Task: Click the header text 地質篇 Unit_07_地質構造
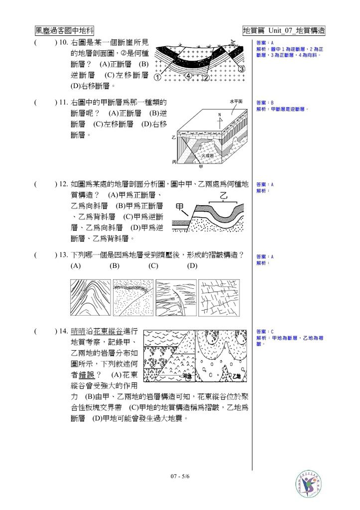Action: (x=284, y=30)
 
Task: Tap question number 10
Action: (x=63, y=43)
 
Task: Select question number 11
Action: (x=63, y=103)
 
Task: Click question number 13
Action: (x=63, y=255)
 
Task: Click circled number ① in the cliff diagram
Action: (x=157, y=78)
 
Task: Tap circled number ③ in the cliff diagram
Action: (x=241, y=69)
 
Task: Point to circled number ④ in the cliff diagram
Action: (x=189, y=76)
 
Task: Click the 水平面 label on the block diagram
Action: (x=236, y=101)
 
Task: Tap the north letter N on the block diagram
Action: (x=220, y=116)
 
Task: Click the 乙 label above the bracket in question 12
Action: (x=224, y=196)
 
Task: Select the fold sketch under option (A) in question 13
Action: (x=90, y=297)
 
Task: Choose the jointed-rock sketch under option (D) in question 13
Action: (x=219, y=297)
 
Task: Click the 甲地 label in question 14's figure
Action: (x=187, y=377)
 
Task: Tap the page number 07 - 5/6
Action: (x=180, y=476)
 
